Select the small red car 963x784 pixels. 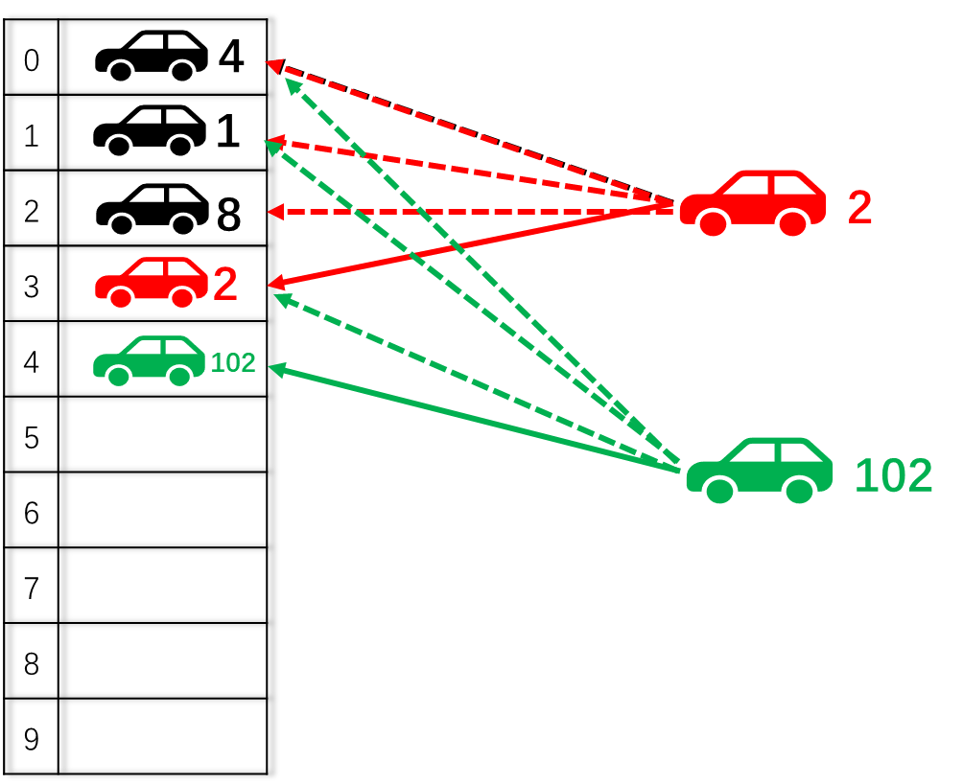152,282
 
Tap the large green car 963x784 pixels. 760,470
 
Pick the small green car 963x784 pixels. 149,360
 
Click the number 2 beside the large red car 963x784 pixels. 859,208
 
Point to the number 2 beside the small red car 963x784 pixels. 224,285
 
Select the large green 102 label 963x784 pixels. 893,476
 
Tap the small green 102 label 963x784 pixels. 233,363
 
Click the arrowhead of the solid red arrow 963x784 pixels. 275,283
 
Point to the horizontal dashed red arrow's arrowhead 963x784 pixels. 275,212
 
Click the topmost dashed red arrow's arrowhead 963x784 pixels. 273,66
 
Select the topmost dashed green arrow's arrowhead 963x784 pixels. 293,85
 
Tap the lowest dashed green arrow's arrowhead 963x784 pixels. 281,299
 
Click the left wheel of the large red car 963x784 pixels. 713,223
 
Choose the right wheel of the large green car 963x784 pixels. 799,491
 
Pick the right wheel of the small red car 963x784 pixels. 182,297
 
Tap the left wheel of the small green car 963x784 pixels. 119,376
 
